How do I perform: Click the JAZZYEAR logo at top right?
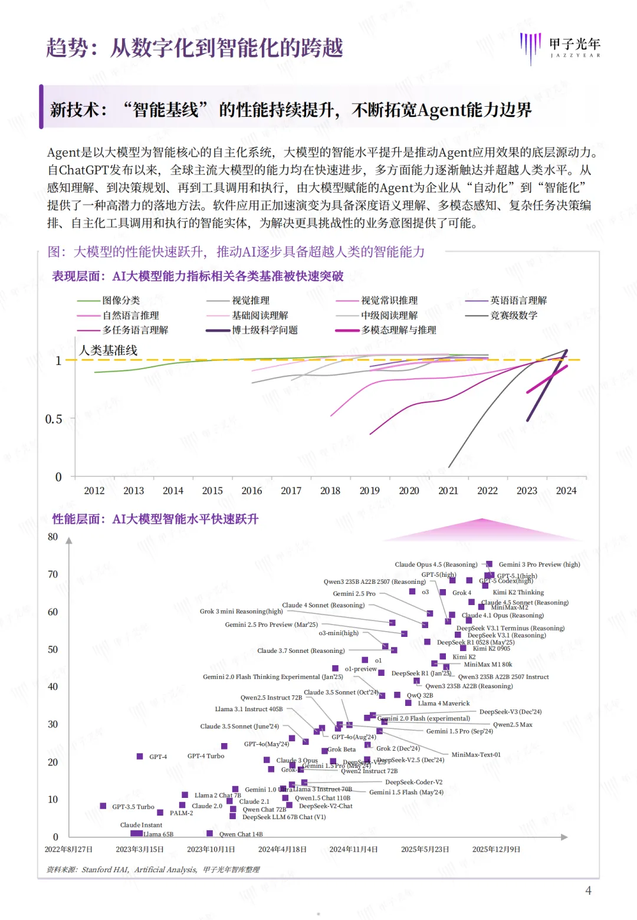[560, 47]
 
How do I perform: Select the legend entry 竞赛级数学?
[514, 316]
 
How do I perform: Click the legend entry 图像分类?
[121, 301]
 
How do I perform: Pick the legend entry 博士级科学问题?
[264, 330]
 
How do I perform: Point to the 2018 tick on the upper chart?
[330, 491]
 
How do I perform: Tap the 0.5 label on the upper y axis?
[54, 419]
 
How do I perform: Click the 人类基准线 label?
[109, 350]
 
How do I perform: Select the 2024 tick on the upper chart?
[566, 491]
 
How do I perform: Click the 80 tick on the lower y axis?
[53, 537]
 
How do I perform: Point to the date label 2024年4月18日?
[283, 849]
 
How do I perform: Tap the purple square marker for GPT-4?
[140, 756]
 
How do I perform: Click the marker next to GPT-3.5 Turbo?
[103, 806]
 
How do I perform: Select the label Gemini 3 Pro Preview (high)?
[539, 564]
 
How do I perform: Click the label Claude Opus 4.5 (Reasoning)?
[436, 564]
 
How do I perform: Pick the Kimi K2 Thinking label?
[518, 592]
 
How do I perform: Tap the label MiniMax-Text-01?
[475, 754]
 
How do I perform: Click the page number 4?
[588, 891]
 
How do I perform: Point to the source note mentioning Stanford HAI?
[153, 869]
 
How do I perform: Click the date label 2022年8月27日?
[69, 849]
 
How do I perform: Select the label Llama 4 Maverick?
[444, 703]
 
